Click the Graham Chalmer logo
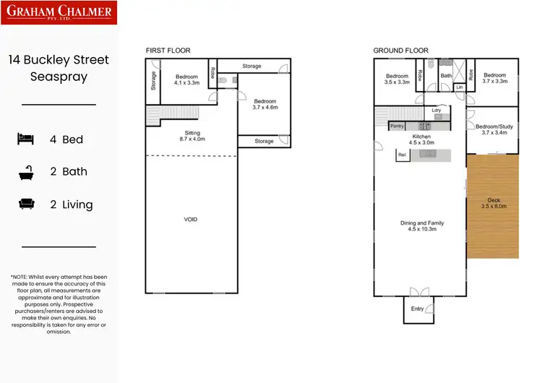tap(59, 12)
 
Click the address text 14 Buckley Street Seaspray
tap(59, 67)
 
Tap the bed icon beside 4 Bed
tap(26, 139)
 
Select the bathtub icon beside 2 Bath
tap(26, 172)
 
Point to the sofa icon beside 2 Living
tap(26, 205)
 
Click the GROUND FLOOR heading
tap(400, 51)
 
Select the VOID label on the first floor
tap(191, 219)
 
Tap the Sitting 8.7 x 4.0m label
tap(192, 135)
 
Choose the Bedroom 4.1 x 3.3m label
tap(187, 79)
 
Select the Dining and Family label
tap(422, 226)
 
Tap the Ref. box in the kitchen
tap(403, 155)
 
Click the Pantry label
tap(397, 126)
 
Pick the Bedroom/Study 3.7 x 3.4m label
tap(494, 130)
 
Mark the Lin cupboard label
tap(460, 87)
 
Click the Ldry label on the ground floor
tap(436, 111)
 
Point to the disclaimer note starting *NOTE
tap(59, 304)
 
